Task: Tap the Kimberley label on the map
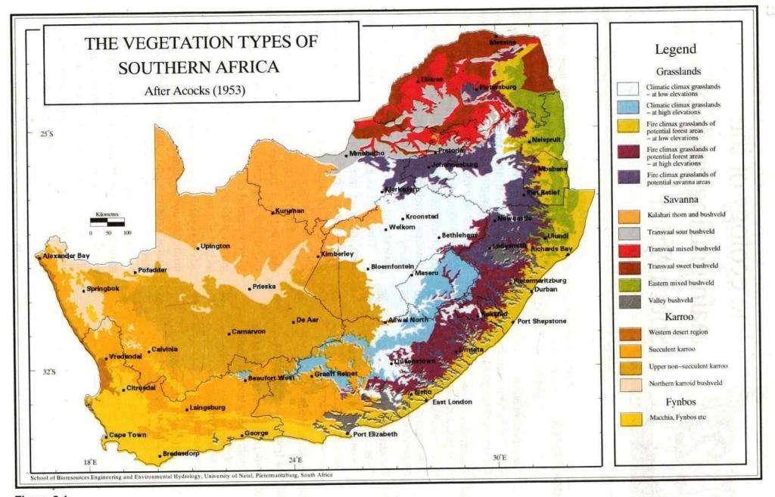pos(337,253)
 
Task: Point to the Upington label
pos(216,246)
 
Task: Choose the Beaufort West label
pos(269,377)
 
